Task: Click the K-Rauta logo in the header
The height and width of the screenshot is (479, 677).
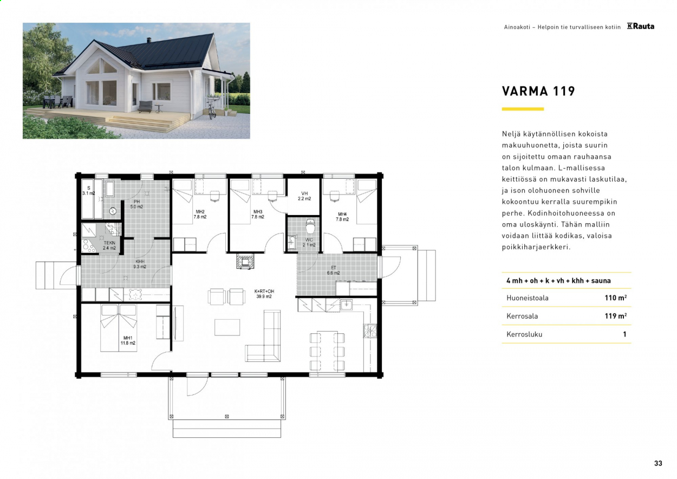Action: [640, 27]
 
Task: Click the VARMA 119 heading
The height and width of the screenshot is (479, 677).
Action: [538, 91]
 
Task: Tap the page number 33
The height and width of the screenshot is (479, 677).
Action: [658, 463]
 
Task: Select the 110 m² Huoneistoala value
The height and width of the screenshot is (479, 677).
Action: [615, 298]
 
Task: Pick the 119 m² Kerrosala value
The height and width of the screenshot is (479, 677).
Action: [615, 316]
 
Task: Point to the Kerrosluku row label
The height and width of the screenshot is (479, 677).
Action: [524, 334]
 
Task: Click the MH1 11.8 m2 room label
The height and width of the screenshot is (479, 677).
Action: [128, 340]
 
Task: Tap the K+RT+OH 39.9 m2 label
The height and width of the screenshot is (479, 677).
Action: [264, 294]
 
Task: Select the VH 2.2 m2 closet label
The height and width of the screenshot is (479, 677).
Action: [304, 196]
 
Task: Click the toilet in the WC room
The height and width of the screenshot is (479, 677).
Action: [310, 226]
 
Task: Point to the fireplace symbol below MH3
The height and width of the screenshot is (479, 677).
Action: [245, 261]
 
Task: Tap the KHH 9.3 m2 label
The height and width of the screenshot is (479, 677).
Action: [140, 264]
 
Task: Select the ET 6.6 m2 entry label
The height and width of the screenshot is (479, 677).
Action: [334, 270]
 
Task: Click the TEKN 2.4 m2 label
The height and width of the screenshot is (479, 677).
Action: [109, 245]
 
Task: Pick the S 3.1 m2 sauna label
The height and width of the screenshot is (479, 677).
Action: [89, 191]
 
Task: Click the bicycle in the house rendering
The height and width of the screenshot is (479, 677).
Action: [212, 111]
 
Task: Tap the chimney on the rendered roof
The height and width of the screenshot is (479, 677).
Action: [149, 40]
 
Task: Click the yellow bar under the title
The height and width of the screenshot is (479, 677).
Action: [523, 109]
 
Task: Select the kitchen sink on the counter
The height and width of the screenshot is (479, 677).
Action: [346, 305]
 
